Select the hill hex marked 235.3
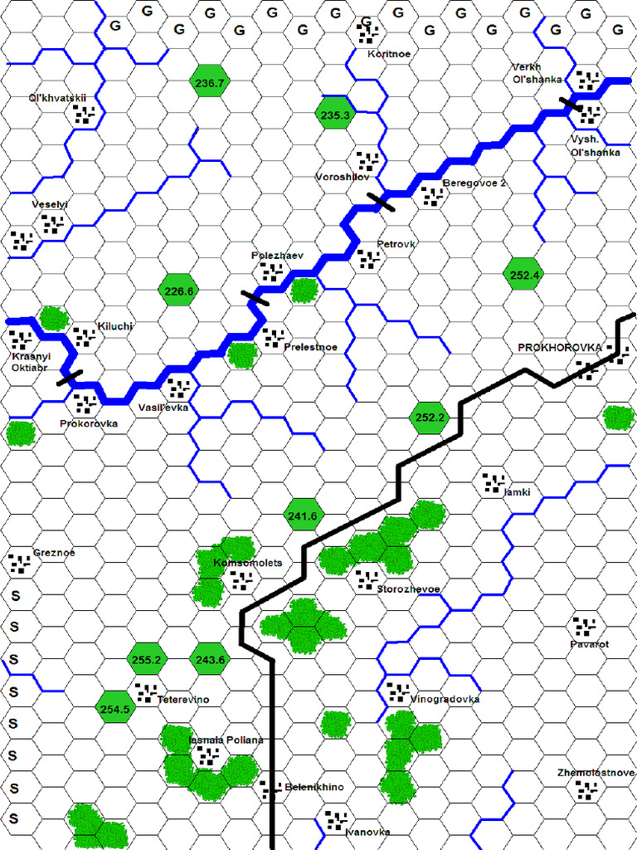[x=335, y=115]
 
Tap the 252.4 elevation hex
[x=524, y=275]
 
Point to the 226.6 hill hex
[x=178, y=291]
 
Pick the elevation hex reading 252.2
[x=429, y=417]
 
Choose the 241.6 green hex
[x=302, y=515]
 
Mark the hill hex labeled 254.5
[x=114, y=708]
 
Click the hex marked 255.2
[x=146, y=660]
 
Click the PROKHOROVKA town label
[x=559, y=347]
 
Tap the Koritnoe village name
[x=388, y=53]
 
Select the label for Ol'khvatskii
[x=57, y=97]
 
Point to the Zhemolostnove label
[x=596, y=773]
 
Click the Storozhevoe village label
[x=407, y=589]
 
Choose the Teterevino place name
[x=183, y=700]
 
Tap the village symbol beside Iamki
[x=494, y=481]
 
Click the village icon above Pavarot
[x=585, y=626]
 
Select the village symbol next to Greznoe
[x=19, y=564]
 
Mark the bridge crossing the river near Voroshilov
[x=382, y=201]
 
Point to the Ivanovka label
[x=367, y=831]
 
